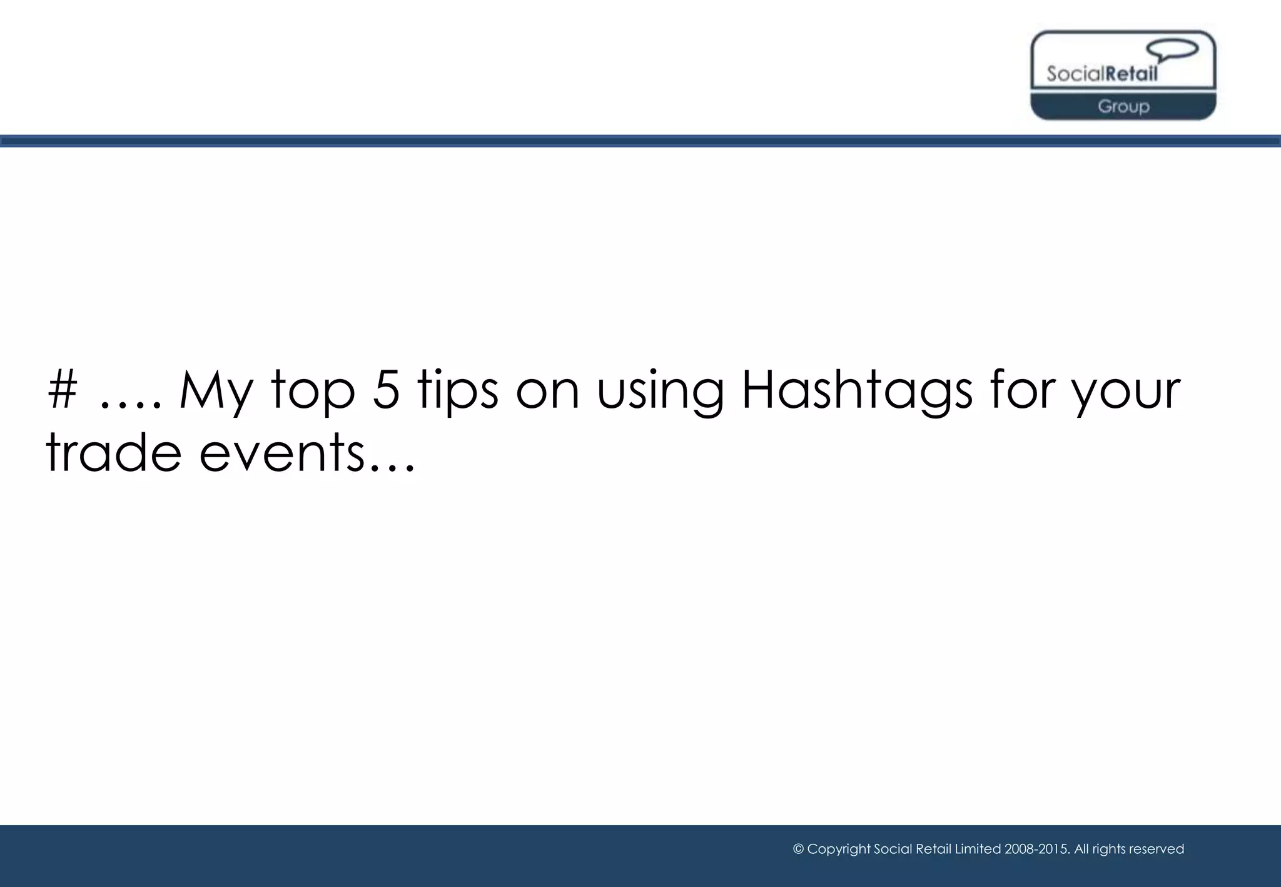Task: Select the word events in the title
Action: coord(281,453)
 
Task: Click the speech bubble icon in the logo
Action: coord(1172,50)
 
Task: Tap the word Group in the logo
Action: coord(1123,106)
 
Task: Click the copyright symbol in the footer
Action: coord(798,849)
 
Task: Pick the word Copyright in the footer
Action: coord(838,849)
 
